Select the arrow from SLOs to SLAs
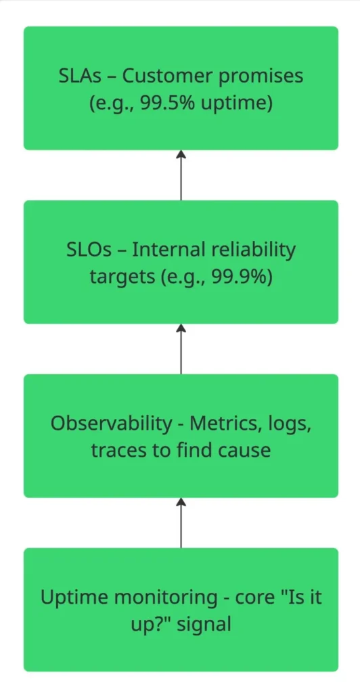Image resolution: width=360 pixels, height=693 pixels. point(181,175)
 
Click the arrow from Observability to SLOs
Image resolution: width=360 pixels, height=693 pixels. point(181,349)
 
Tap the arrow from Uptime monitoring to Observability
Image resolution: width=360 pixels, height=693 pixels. point(181,522)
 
